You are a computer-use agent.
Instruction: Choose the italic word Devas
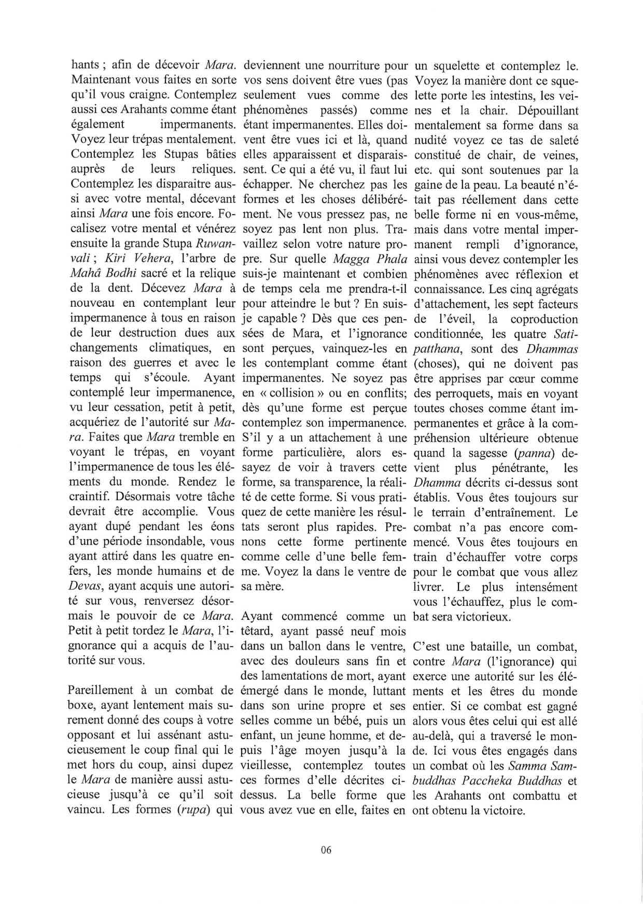pyautogui.click(x=81, y=587)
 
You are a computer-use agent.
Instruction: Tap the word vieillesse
pyautogui.click(x=265, y=765)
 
